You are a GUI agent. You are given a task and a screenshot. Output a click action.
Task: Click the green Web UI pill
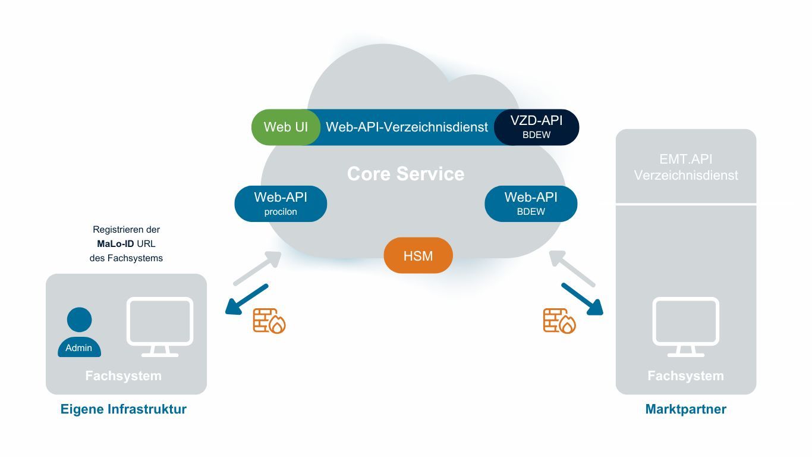tap(285, 127)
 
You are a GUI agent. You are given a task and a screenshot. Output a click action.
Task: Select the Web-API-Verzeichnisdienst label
tap(407, 127)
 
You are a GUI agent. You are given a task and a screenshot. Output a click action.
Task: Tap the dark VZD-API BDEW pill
tap(536, 127)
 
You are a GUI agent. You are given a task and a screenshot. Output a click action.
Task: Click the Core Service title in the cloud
tap(405, 174)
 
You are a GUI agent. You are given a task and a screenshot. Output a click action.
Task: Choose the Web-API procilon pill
tap(281, 204)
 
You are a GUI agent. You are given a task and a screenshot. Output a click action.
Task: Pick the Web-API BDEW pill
tap(531, 204)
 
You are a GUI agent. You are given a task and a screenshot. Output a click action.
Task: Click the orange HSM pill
tap(418, 256)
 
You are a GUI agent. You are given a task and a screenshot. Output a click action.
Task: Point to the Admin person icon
tap(79, 333)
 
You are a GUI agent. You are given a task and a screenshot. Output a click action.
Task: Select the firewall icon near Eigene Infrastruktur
tap(269, 321)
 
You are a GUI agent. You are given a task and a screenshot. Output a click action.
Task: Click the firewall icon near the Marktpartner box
tap(559, 321)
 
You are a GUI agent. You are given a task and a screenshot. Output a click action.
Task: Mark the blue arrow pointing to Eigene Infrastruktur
tap(247, 299)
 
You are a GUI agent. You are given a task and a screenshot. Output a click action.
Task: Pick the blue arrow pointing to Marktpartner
tap(582, 299)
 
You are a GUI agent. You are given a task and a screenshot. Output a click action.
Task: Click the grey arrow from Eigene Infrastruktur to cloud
tap(257, 268)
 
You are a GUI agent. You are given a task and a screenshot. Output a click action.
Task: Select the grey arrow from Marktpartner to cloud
tap(571, 268)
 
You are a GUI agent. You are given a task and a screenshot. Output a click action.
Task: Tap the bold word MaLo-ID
tap(115, 244)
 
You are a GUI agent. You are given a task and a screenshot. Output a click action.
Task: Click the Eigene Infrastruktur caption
tap(124, 409)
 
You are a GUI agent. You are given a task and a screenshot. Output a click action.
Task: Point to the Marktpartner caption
tap(685, 409)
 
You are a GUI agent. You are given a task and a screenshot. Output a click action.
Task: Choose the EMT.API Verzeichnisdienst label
tap(685, 167)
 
